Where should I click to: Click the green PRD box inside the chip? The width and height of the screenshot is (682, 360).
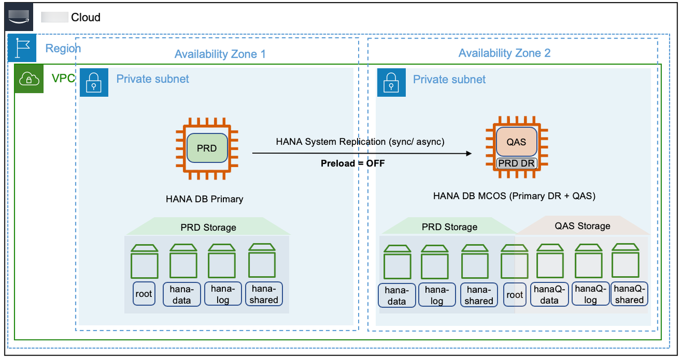pyautogui.click(x=207, y=148)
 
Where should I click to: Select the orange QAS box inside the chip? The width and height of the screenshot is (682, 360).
pyautogui.click(x=516, y=142)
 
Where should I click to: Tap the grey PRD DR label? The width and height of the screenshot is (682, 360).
pyautogui.click(x=516, y=163)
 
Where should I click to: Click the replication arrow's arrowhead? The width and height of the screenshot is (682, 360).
pyautogui.click(x=469, y=154)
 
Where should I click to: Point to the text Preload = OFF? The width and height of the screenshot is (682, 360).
pyautogui.click(x=353, y=163)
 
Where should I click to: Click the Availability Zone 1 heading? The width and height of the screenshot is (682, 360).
pyautogui.click(x=220, y=54)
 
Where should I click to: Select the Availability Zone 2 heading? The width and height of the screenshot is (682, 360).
pyautogui.click(x=504, y=53)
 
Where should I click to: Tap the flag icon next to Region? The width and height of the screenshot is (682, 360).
pyautogui.click(x=22, y=49)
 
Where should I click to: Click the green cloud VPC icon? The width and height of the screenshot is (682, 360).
pyautogui.click(x=29, y=79)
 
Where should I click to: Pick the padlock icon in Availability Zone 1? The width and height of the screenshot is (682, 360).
pyautogui.click(x=94, y=82)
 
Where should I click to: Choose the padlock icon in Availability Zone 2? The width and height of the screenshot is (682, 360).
pyautogui.click(x=391, y=82)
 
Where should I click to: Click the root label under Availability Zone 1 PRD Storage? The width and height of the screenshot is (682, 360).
pyautogui.click(x=144, y=294)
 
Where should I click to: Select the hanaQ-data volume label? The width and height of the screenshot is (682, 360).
pyautogui.click(x=549, y=294)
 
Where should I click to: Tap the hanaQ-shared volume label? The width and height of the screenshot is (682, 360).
pyautogui.click(x=629, y=294)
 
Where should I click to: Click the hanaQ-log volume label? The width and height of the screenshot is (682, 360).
pyautogui.click(x=590, y=294)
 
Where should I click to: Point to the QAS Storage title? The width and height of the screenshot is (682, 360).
pyautogui.click(x=582, y=226)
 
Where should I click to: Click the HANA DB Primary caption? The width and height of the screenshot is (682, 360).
pyautogui.click(x=205, y=199)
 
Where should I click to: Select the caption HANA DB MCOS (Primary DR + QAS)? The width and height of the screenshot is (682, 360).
pyautogui.click(x=514, y=196)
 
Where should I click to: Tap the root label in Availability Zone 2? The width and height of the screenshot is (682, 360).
pyautogui.click(x=515, y=295)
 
